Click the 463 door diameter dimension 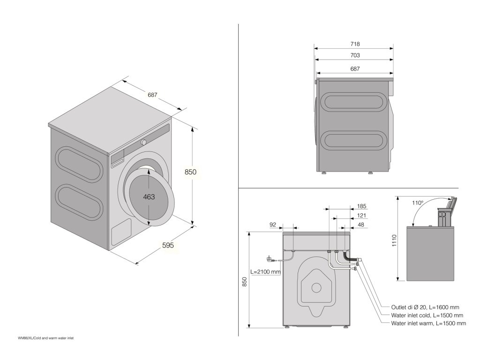pyautogui.click(x=149, y=197)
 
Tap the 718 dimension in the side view pyautogui.click(x=355, y=44)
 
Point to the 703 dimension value pyautogui.click(x=355, y=55)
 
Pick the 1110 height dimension pyautogui.click(x=394, y=240)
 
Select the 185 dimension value pyautogui.click(x=361, y=206)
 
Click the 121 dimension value pyautogui.click(x=361, y=216)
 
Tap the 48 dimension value pyautogui.click(x=361, y=225)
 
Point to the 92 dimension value pyautogui.click(x=272, y=225)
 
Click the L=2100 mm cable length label pyautogui.click(x=266, y=271)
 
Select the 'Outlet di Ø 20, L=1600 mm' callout pyautogui.click(x=425, y=307)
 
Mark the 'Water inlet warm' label pyautogui.click(x=428, y=323)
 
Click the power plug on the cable pyautogui.click(x=270, y=258)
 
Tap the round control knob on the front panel pyautogui.click(x=144, y=142)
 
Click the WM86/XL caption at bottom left pyautogui.click(x=46, y=337)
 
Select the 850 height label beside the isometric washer pyautogui.click(x=190, y=172)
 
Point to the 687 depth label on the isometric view pyautogui.click(x=152, y=95)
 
